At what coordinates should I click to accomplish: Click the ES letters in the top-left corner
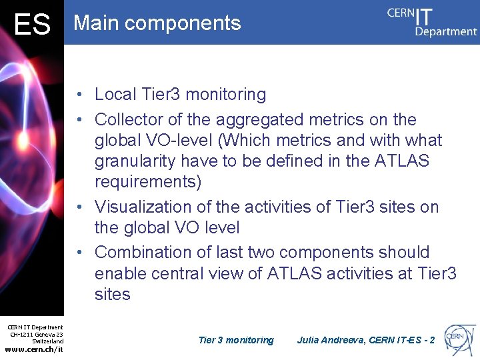(x=32, y=25)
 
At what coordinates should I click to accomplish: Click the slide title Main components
(x=157, y=23)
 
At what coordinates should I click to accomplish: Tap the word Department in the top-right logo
(x=446, y=31)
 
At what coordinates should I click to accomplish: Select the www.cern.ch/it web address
(x=34, y=349)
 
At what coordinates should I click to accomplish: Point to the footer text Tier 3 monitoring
(x=236, y=340)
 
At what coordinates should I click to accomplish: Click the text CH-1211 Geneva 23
(x=36, y=335)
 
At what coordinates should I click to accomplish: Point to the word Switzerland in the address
(x=48, y=341)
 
